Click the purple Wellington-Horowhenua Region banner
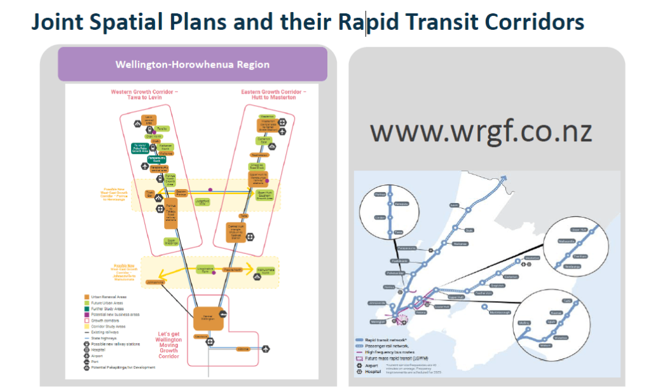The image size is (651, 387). (x=192, y=64)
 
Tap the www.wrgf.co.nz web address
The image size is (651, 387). (x=481, y=131)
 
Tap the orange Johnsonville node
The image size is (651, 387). (x=156, y=281)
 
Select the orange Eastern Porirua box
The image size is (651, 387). (x=181, y=192)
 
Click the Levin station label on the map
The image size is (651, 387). (x=454, y=206)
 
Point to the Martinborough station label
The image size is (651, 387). (x=499, y=313)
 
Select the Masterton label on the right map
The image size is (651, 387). (x=532, y=258)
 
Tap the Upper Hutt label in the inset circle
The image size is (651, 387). (x=579, y=230)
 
